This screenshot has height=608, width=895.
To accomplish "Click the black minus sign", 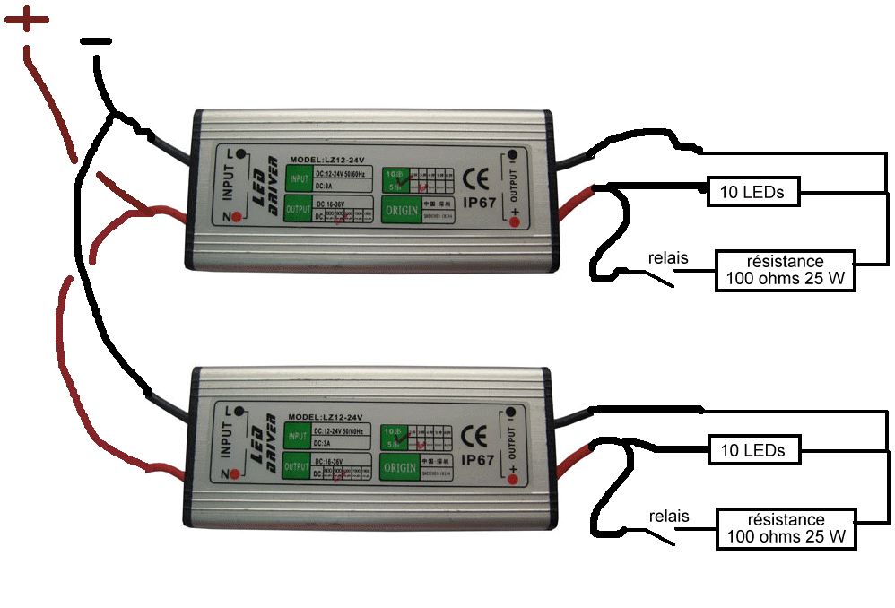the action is [x=97, y=41].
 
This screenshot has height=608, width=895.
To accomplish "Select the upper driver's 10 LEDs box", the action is [x=752, y=191].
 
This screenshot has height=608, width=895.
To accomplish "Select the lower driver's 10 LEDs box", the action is [x=752, y=450].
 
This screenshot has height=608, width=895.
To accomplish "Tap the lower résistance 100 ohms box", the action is [x=785, y=528].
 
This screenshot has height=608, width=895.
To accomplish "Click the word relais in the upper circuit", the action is [x=668, y=258].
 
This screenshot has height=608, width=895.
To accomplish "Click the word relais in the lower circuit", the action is [x=668, y=517].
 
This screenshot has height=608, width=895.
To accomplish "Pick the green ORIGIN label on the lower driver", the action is [x=399, y=467].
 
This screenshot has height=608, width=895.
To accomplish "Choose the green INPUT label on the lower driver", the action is [x=298, y=437].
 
